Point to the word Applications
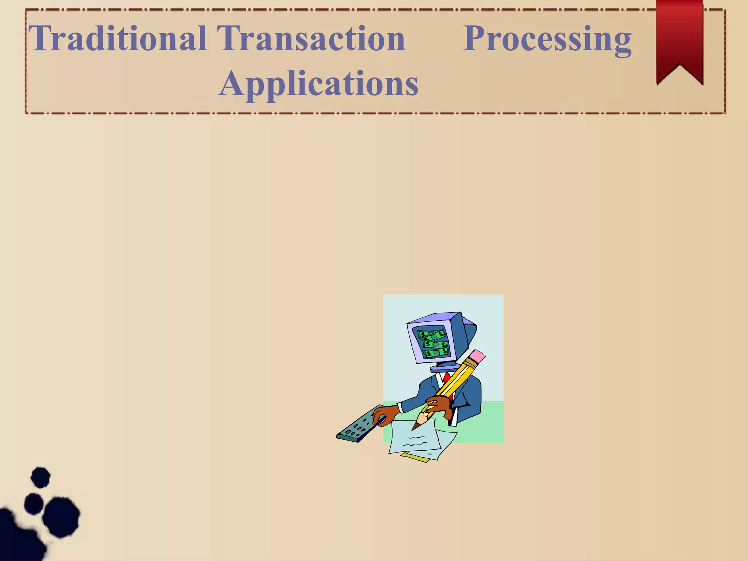[x=318, y=84]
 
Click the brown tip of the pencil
[x=416, y=426]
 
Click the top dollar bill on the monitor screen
[x=432, y=335]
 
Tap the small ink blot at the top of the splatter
[x=41, y=477]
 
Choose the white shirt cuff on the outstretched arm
[x=400, y=408]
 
